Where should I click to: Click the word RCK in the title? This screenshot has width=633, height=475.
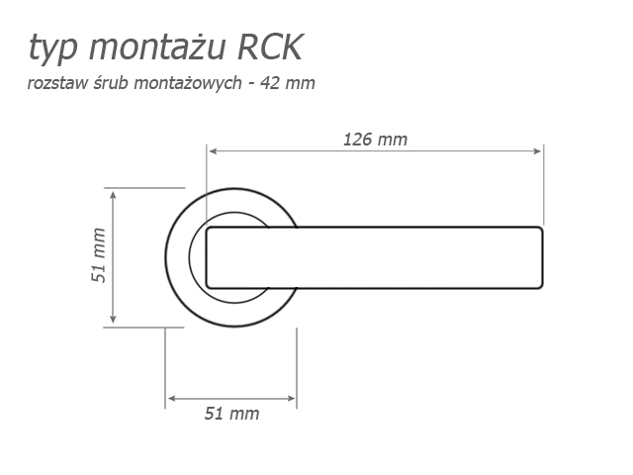[x=270, y=47]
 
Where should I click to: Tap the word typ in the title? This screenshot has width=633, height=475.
[x=52, y=50]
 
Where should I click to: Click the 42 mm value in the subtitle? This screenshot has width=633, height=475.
[x=288, y=83]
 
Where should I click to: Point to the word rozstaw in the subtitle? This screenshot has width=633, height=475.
[x=57, y=83]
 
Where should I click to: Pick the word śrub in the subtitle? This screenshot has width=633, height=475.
[x=112, y=83]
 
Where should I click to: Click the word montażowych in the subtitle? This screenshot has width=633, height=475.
[x=188, y=83]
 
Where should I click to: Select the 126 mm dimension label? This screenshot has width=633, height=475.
[x=375, y=140]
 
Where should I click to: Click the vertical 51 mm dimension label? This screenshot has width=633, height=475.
[x=99, y=255]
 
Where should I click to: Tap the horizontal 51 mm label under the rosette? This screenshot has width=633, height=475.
[x=231, y=414]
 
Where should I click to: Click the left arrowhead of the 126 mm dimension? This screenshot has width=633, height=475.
[x=214, y=151]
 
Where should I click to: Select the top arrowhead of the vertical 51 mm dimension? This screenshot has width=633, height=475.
[x=113, y=196]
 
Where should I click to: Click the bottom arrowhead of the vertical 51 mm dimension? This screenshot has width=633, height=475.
[x=113, y=319]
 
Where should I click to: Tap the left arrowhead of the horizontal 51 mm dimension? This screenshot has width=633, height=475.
[x=171, y=399]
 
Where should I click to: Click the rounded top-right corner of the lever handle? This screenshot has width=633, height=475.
[x=540, y=230]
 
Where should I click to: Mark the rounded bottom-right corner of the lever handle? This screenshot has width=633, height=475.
[x=540, y=286]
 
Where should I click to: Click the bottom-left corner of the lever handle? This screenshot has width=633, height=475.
[x=208, y=286]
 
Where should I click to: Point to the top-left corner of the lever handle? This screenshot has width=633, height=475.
[x=208, y=230]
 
